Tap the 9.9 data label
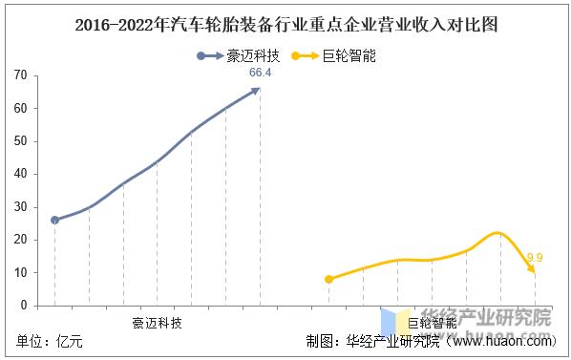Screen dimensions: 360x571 pyautogui.click(x=535, y=257)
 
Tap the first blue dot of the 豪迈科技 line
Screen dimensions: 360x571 pyautogui.click(x=54, y=220)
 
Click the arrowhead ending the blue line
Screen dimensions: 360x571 pyautogui.click(x=256, y=90)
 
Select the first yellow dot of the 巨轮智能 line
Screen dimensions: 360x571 pyautogui.click(x=329, y=279)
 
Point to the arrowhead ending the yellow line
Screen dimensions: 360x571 pyautogui.click(x=533, y=272)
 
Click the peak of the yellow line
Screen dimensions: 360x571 pyautogui.click(x=498, y=233)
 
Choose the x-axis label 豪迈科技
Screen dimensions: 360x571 pyautogui.click(x=157, y=322)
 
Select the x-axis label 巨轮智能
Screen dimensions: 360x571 pyautogui.click(x=432, y=323)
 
